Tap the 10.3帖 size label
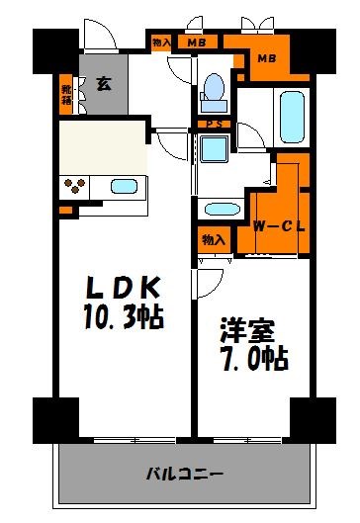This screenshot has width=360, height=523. [x=125, y=318]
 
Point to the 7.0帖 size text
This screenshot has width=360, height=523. [x=252, y=359]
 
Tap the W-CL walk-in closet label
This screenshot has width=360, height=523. [x=279, y=226]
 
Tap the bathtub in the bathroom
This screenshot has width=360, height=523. [x=291, y=117]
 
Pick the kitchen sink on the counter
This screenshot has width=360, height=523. [x=125, y=186]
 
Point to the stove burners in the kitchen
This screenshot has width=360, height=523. [x=75, y=186]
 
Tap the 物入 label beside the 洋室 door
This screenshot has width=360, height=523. [x=212, y=240]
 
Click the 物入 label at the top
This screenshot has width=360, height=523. [x=161, y=43]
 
